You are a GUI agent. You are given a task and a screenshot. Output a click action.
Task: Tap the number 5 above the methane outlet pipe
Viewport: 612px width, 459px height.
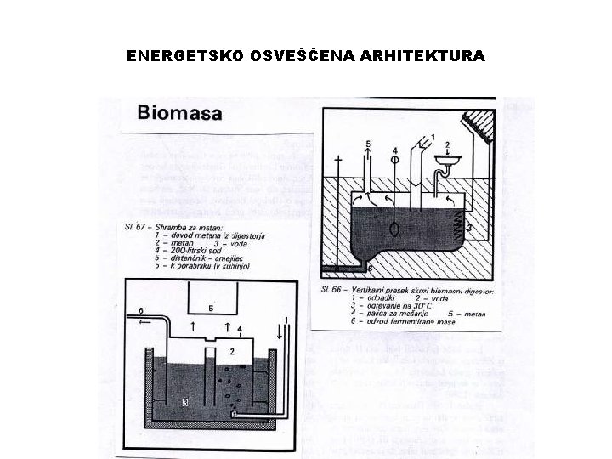(368, 145)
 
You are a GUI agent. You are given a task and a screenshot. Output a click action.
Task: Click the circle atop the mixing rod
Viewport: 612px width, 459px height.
(395, 156)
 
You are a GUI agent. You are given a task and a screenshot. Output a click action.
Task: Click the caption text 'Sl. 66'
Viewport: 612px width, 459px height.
(332, 290)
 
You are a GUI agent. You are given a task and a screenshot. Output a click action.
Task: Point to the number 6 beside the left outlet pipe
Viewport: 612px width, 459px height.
(140, 310)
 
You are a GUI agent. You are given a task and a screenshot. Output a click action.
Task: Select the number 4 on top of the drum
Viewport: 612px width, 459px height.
(240, 328)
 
